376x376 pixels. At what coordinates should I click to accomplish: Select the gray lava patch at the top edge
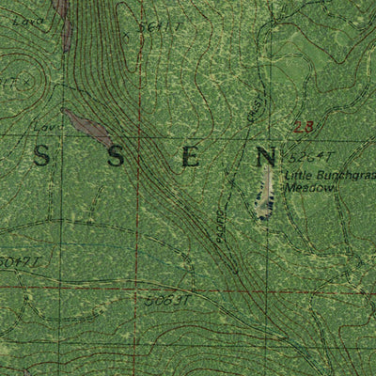64,21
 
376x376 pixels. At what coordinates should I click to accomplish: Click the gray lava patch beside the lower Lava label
87,128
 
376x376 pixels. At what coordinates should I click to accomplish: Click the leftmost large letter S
41,157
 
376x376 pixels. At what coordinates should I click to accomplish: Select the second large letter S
115,157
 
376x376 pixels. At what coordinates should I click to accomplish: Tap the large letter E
190,157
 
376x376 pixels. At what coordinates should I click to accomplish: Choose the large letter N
267,157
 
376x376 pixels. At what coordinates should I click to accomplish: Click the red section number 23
302,127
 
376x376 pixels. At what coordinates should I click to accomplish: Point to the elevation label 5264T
305,157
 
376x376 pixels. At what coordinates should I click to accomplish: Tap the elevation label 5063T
169,301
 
